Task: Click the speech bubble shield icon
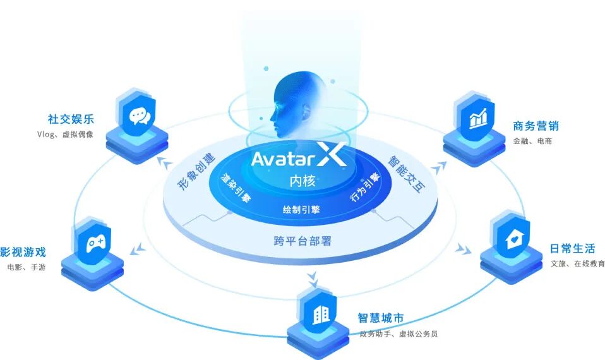(x=138, y=117)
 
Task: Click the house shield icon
(x=510, y=239)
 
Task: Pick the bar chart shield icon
(x=476, y=118)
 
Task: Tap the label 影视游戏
(x=23, y=252)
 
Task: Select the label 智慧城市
(x=381, y=318)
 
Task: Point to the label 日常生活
(x=573, y=248)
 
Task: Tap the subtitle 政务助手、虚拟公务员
(x=398, y=333)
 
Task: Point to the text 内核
(x=301, y=181)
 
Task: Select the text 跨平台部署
(x=302, y=240)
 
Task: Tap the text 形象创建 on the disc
(x=196, y=171)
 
